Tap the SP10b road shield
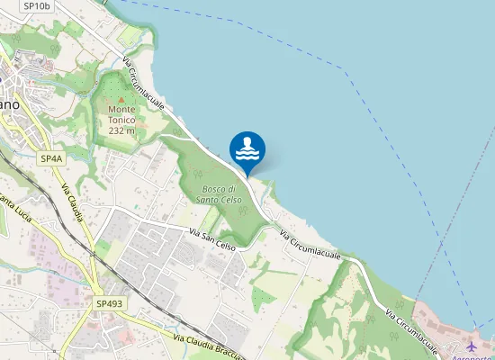tap(37, 5)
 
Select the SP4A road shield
tap(51, 158)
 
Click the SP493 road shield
tap(109, 304)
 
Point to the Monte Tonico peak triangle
tap(121, 97)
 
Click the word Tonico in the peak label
tap(121, 120)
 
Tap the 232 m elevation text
tap(121, 130)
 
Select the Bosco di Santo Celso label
tap(219, 193)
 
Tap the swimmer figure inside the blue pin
tap(247, 144)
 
